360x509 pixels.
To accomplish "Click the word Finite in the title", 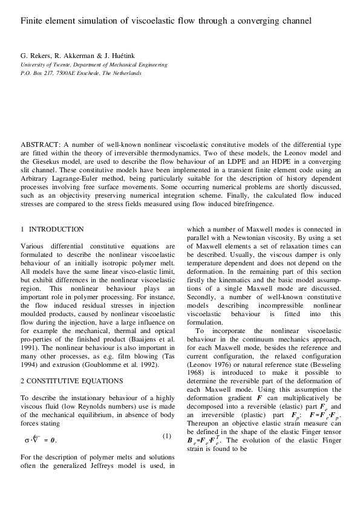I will click(x=32, y=21).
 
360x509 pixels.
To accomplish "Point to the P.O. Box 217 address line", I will click(x=81, y=73).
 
